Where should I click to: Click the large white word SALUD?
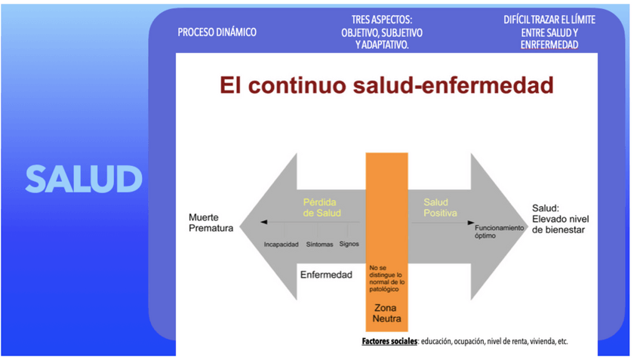point(84,180)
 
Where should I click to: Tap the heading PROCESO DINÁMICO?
point(217,32)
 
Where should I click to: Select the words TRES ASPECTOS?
point(381,20)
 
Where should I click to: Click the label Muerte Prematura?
point(211,223)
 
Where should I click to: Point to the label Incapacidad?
point(282,245)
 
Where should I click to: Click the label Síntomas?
point(320,245)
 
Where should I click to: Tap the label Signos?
point(349,244)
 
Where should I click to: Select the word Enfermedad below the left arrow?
point(326,275)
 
